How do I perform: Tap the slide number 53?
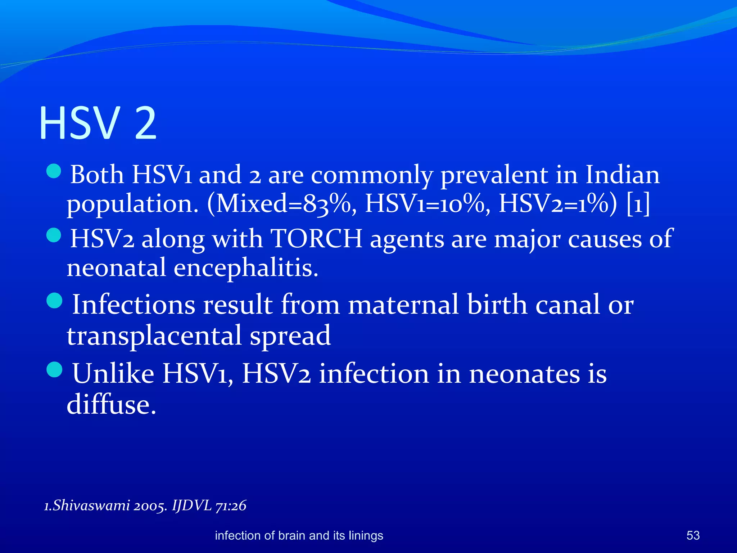(x=693, y=535)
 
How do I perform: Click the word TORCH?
(x=316, y=238)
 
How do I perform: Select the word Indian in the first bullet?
(x=623, y=175)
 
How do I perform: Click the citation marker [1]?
(x=638, y=204)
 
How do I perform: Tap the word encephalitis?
(x=246, y=268)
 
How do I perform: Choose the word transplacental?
(x=154, y=335)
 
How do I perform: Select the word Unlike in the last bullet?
(x=113, y=373)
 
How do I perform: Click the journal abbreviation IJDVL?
(x=192, y=505)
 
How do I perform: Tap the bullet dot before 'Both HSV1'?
(x=54, y=171)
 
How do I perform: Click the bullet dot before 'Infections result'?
(x=54, y=301)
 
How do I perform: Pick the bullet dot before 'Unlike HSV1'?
(x=54, y=370)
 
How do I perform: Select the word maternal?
(x=403, y=305)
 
